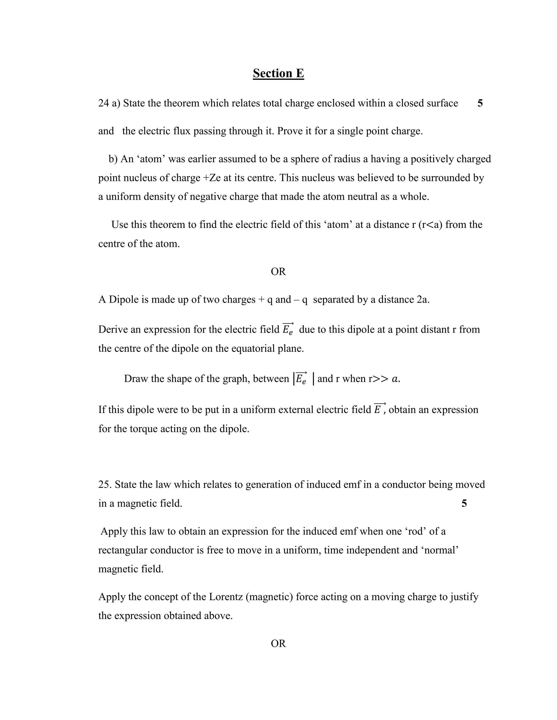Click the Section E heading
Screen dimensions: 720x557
click(x=278, y=73)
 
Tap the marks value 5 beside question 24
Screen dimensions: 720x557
click(x=480, y=103)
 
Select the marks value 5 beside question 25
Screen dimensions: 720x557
click(x=464, y=503)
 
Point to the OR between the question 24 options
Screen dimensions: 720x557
click(x=278, y=271)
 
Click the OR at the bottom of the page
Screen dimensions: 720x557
click(x=278, y=643)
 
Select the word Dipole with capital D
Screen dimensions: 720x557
click(x=123, y=299)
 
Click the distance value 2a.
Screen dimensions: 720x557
click(x=422, y=299)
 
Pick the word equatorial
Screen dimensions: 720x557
click(x=239, y=349)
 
